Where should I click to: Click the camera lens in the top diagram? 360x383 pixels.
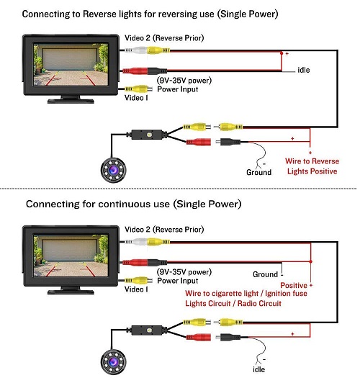pyautogui.click(x=113, y=170)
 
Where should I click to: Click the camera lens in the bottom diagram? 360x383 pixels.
pyautogui.click(x=113, y=361)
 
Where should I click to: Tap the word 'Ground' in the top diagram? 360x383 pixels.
pyautogui.click(x=259, y=172)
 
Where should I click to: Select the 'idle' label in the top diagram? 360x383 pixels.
pyautogui.click(x=304, y=70)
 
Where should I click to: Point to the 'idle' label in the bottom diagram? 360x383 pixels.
pyautogui.click(x=259, y=369)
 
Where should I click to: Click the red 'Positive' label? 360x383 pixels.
pyautogui.click(x=294, y=285)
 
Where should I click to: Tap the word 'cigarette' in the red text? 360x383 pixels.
pyautogui.click(x=235, y=293)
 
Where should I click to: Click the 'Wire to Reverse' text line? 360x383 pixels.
pyautogui.click(x=312, y=161)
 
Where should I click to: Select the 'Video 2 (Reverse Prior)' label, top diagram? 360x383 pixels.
pyautogui.click(x=164, y=38)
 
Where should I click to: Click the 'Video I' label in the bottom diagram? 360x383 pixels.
pyautogui.click(x=136, y=289)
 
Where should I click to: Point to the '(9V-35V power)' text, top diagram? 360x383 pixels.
pyautogui.click(x=184, y=81)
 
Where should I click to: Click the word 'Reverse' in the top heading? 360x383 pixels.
pyautogui.click(x=99, y=14)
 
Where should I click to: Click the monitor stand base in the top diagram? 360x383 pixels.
pyautogui.click(x=71, y=101)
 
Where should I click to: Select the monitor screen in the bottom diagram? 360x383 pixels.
pyautogui.click(x=71, y=256)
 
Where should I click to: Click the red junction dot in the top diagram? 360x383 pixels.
pyautogui.click(x=282, y=53)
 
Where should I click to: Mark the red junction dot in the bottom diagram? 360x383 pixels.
pyautogui.click(x=310, y=261)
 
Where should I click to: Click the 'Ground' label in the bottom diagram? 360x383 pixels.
pyautogui.click(x=265, y=274)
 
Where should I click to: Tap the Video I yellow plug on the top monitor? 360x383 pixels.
pyautogui.click(x=138, y=89)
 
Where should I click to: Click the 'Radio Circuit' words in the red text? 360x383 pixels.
pyautogui.click(x=259, y=304)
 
